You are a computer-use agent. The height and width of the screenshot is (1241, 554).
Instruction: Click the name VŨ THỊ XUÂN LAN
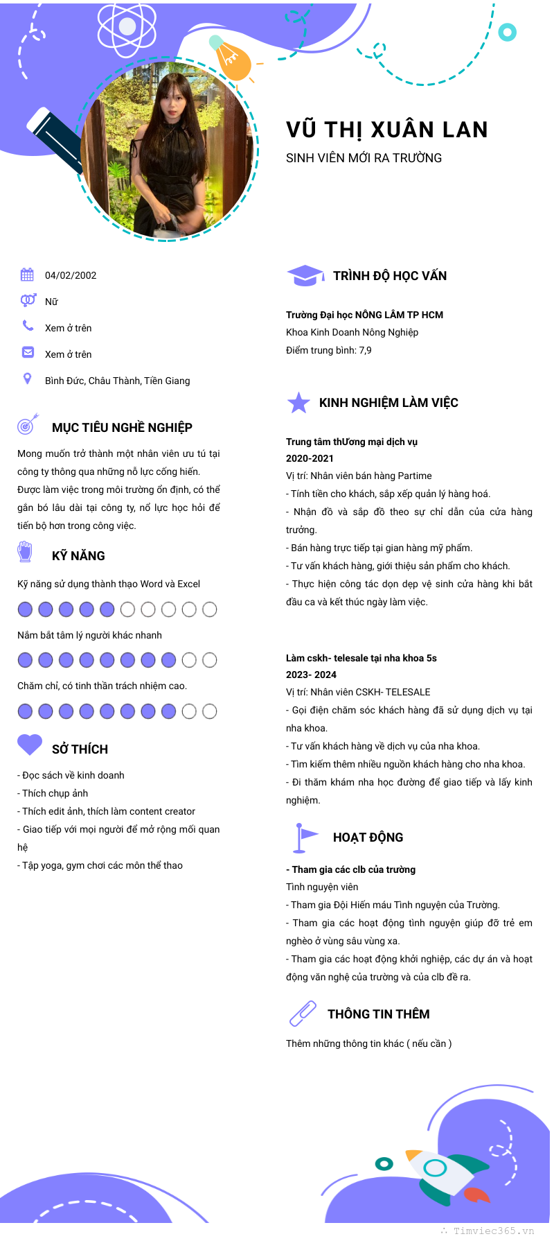[x=386, y=130]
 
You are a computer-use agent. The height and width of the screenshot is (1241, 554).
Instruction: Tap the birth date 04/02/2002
[x=71, y=275]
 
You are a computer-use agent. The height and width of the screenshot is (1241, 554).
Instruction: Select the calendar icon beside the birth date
[x=27, y=275]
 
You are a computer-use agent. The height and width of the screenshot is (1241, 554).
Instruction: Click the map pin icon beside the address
[x=27, y=379]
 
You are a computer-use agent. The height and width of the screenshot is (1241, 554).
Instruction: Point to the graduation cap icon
[x=305, y=275]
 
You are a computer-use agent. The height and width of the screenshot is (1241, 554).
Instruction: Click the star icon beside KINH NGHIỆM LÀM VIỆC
[x=298, y=403]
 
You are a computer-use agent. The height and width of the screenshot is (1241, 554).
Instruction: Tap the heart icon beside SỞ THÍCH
[x=30, y=745]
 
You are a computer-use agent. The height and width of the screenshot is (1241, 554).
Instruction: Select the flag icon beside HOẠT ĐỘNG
[x=303, y=837]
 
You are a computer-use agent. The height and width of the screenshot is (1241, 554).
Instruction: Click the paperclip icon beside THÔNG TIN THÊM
[x=303, y=1014]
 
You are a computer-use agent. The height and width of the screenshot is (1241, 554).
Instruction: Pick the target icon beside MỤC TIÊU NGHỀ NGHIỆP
[x=27, y=424]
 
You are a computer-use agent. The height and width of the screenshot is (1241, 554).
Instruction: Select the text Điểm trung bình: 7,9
[x=328, y=350]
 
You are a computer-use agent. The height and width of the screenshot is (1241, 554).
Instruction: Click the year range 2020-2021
[x=310, y=458]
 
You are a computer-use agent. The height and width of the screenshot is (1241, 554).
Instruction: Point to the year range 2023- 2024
[x=311, y=675]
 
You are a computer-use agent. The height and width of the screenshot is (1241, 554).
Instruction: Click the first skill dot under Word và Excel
[x=25, y=609]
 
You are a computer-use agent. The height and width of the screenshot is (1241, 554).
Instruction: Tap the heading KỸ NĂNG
[x=78, y=556]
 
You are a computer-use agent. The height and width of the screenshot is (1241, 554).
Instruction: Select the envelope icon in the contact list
[x=28, y=352]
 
